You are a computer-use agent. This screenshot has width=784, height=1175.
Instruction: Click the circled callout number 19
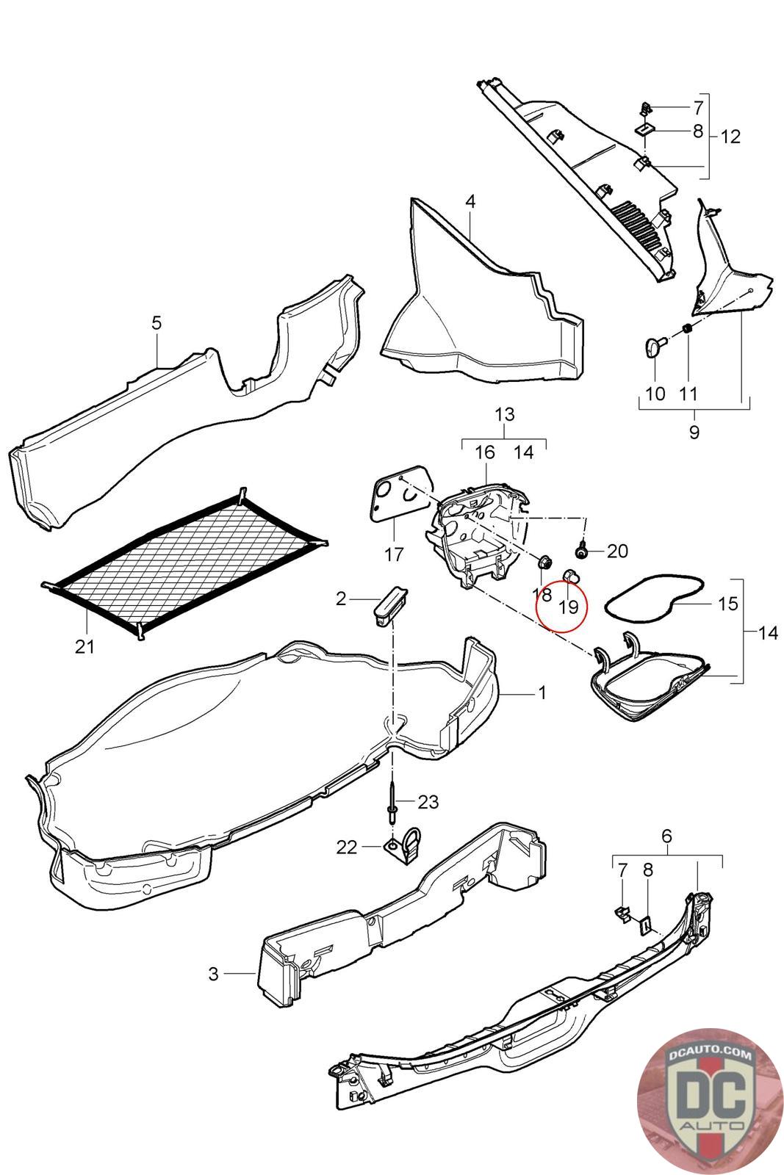coord(569,607)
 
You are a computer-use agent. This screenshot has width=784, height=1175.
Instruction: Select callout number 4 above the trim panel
coord(470,201)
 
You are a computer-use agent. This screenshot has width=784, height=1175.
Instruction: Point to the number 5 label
coord(157,323)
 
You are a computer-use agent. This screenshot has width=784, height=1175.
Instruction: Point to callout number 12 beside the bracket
coord(730,137)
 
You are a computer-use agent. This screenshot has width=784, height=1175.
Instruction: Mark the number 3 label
coord(213,974)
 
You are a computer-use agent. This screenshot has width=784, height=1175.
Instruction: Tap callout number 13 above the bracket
coord(504,414)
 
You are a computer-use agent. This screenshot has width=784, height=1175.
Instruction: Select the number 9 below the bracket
coord(694,431)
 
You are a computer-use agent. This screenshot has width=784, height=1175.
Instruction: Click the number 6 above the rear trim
coord(666,836)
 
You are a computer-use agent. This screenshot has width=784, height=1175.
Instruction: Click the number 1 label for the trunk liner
coord(542,693)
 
